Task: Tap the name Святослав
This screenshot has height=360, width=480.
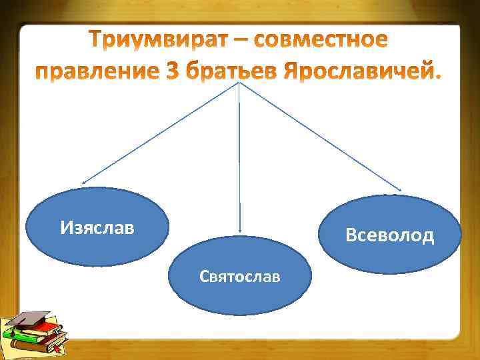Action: [239, 276]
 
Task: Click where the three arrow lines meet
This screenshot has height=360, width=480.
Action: [239, 84]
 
